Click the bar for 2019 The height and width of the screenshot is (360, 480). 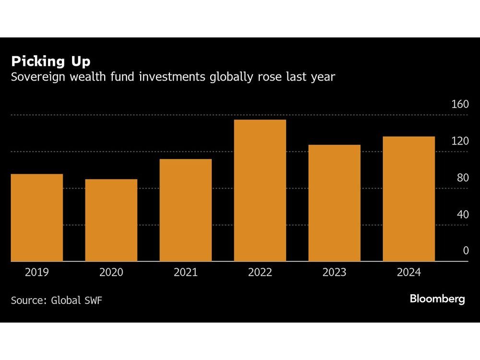pos(37,217)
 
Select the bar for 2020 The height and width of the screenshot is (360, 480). pos(111,220)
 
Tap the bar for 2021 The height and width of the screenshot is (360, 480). pos(186,210)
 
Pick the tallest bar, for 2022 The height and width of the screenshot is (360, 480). pos(260,191)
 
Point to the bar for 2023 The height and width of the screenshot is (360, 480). pos(335,203)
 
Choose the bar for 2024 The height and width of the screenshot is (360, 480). pos(409,199)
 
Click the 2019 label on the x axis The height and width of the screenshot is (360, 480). pos(37,273)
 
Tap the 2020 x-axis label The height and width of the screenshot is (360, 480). pos(111,273)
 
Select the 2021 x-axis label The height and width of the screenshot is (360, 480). pos(186,273)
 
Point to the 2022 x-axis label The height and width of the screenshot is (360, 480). pos(260,273)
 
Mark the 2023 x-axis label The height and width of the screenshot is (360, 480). pos(335,273)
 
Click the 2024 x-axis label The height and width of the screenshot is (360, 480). pos(409,273)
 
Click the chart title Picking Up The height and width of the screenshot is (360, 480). pos(51,61)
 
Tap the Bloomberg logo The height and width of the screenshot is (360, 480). pos(437,299)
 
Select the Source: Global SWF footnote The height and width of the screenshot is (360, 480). pos(57,300)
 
